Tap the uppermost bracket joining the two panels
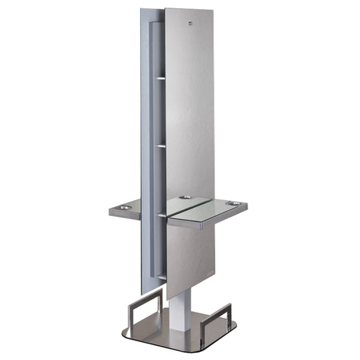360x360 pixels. [160, 76]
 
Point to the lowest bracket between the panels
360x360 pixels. [161, 278]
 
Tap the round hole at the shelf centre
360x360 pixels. [184, 198]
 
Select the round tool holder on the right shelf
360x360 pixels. [234, 202]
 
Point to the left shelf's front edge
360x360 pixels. [124, 213]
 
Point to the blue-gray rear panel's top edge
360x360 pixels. [151, 10]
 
